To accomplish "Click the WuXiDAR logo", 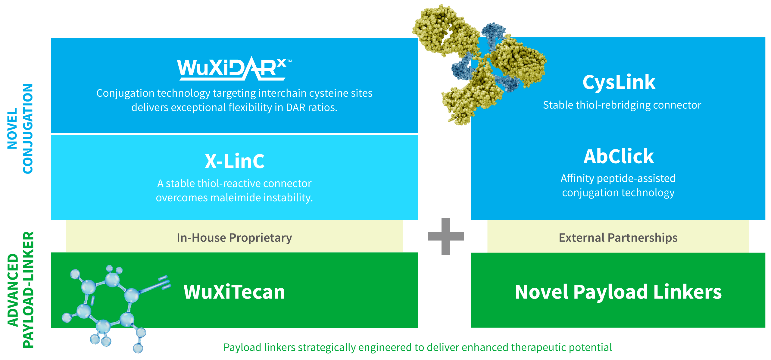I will (232, 69).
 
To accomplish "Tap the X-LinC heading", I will (235, 161).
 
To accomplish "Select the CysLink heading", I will (619, 82).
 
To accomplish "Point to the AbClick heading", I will (619, 156).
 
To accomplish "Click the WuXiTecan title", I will (234, 292).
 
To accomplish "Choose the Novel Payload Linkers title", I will (618, 292).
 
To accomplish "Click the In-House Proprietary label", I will (234, 238).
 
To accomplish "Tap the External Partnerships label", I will (618, 238).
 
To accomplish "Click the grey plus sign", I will (446, 236).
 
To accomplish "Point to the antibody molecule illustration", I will (479, 63).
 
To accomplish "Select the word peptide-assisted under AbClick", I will (636, 178).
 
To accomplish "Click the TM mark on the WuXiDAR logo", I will (289, 61).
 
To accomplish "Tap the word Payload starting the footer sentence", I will (242, 348).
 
